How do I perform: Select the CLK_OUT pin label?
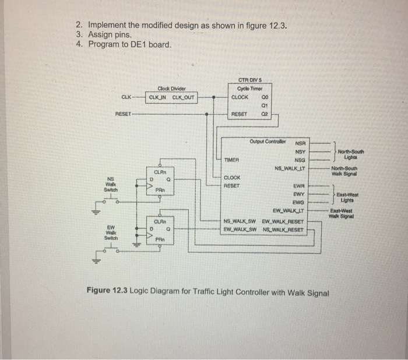coord(183,97)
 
